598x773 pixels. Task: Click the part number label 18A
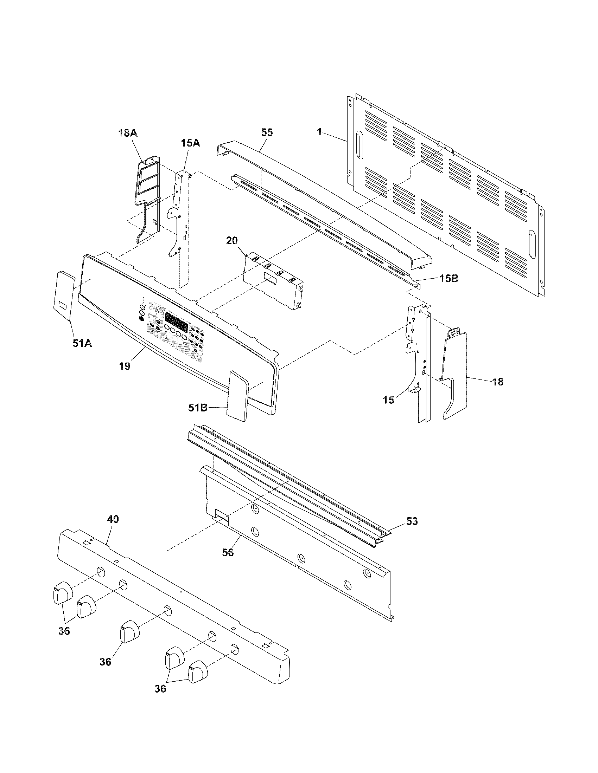(x=128, y=133)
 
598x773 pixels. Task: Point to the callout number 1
(x=319, y=132)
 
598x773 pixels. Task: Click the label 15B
(x=449, y=279)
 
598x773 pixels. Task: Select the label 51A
(x=82, y=343)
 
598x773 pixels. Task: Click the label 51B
(x=198, y=408)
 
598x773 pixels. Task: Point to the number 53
(x=412, y=521)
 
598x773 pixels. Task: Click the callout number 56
(x=228, y=552)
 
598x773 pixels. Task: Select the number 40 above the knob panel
(x=113, y=519)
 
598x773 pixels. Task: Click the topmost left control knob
(x=62, y=592)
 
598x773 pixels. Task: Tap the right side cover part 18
(x=455, y=375)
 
